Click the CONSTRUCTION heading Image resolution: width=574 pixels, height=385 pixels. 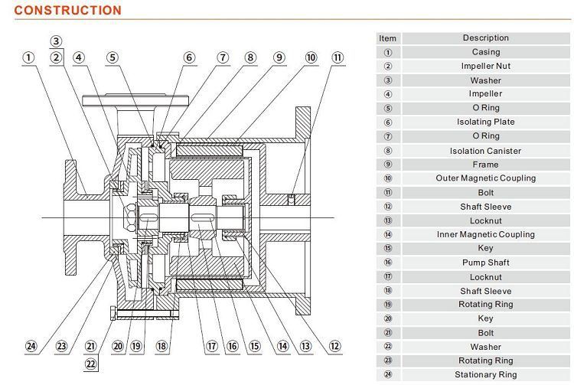[67, 10]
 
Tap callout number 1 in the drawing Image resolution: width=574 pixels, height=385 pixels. [28, 57]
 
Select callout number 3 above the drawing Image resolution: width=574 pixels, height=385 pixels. [56, 41]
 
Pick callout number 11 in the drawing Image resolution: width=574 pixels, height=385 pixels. [338, 57]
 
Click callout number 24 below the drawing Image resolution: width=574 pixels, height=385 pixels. [31, 346]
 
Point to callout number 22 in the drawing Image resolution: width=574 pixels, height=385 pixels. [91, 364]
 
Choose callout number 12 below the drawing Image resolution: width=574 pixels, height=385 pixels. [335, 346]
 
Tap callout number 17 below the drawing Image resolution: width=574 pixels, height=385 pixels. [212, 346]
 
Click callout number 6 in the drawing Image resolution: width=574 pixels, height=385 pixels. [189, 57]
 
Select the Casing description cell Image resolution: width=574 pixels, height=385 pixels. [486, 52]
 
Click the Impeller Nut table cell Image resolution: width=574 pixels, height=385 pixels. [486, 66]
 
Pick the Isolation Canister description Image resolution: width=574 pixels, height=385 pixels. [485, 151]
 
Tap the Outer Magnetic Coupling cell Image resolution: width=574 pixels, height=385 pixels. [486, 178]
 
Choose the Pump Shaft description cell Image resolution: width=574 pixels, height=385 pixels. [486, 263]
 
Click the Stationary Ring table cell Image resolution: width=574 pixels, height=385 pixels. [486, 374]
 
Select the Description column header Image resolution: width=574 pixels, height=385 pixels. [486, 38]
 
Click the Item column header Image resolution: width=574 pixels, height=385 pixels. [388, 38]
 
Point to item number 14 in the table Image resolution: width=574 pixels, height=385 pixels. [388, 234]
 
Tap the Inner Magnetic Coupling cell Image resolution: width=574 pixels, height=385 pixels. [486, 234]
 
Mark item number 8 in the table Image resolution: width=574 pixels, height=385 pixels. [388, 151]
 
